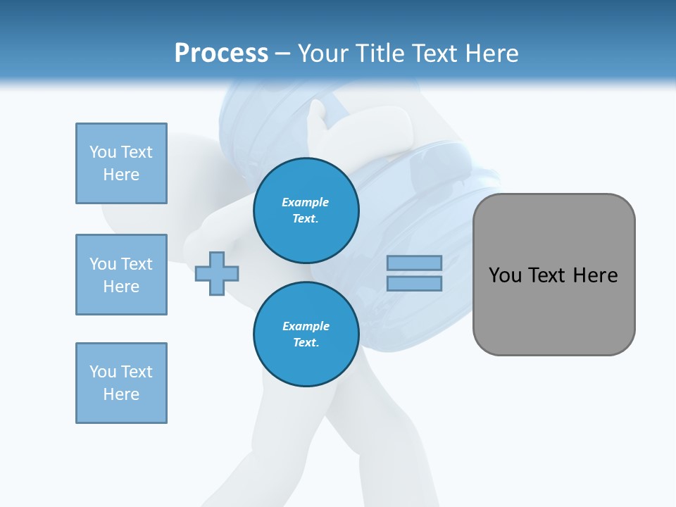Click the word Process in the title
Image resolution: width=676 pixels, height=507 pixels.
221,54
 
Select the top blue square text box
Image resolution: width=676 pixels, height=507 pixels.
121,163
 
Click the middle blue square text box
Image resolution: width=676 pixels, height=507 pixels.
121,275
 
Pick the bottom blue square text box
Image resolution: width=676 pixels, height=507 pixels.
121,383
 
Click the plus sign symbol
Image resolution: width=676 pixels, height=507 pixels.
217,273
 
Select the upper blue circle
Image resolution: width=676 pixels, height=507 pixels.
306,211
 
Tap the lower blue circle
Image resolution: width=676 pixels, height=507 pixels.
306,334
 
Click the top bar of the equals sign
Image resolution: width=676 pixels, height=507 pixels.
414,263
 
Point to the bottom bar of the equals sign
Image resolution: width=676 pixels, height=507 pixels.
414,283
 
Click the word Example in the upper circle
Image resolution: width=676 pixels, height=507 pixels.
306,202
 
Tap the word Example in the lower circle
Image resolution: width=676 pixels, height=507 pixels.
306,326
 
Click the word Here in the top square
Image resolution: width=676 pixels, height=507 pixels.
121,175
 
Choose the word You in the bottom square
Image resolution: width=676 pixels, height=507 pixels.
103,372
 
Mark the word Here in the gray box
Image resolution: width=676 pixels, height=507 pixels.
595,275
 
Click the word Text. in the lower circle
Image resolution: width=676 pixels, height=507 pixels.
306,343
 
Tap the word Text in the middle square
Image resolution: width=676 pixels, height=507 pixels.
136,264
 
